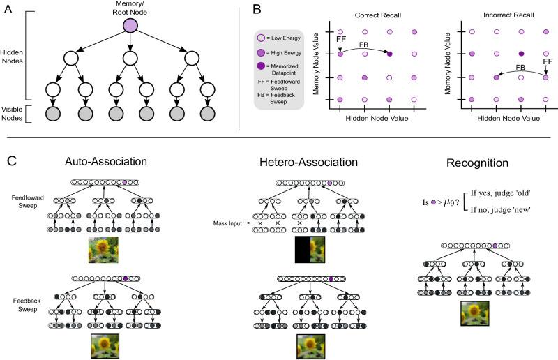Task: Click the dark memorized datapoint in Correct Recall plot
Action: (x=390, y=54)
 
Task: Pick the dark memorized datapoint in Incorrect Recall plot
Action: (x=521, y=54)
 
